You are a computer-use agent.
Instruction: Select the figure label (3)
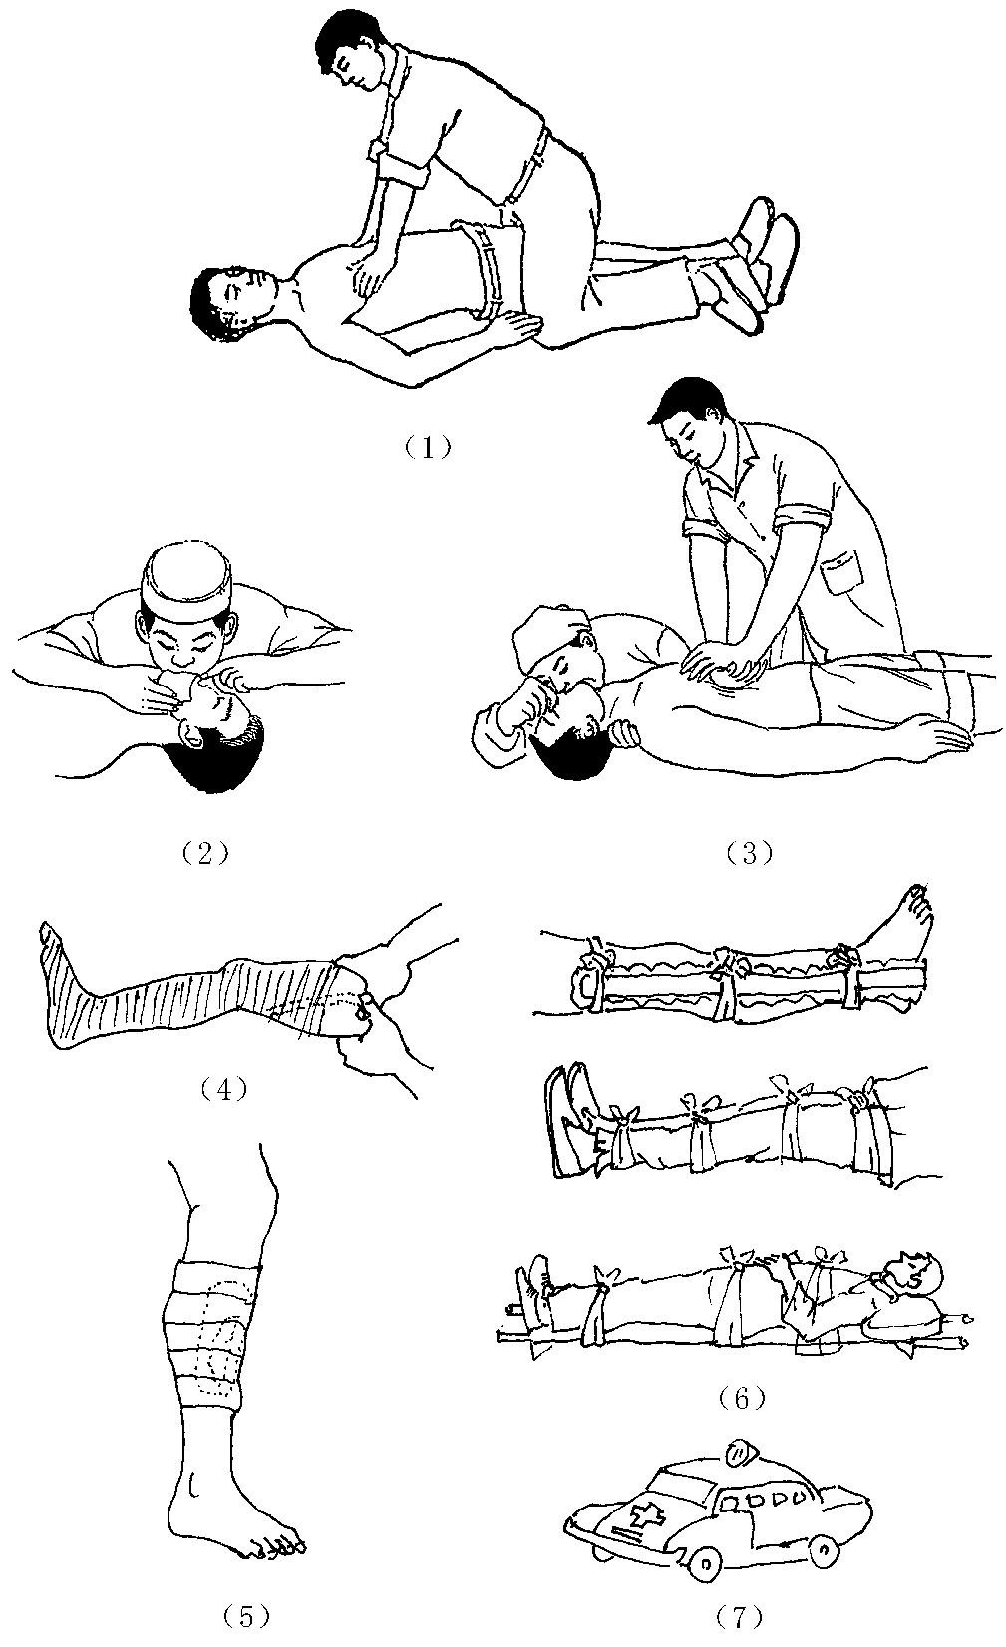[x=750, y=853]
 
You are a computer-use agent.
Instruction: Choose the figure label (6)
[x=740, y=1399]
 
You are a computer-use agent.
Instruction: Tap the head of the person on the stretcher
[x=915, y=1274]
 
